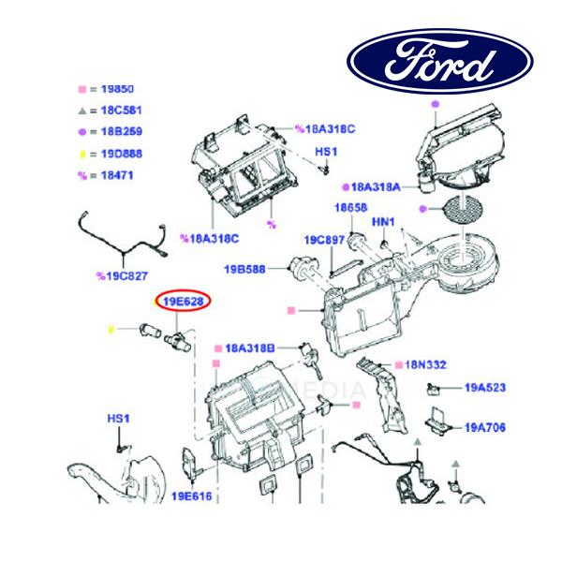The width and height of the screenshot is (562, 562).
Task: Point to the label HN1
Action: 384,222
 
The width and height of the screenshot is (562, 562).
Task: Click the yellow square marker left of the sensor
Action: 111,330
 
